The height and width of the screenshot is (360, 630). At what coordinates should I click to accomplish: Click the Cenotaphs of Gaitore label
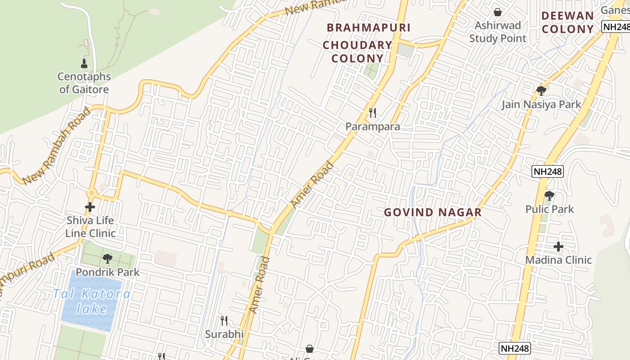tap(84, 83)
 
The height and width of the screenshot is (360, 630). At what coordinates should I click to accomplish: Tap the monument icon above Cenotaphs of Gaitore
tap(84, 63)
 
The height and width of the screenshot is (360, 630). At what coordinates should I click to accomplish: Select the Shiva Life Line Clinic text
tap(90, 227)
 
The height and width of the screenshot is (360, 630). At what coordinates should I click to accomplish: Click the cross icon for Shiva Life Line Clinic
tap(90, 207)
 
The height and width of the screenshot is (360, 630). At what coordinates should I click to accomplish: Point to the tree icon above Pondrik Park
tap(107, 259)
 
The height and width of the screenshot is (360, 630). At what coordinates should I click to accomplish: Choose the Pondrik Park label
tap(108, 272)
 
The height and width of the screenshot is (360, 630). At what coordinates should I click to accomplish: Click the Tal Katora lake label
tap(92, 301)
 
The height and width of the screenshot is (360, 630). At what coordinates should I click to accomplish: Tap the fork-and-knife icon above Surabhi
tap(224, 321)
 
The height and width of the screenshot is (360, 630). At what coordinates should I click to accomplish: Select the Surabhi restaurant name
tap(224, 334)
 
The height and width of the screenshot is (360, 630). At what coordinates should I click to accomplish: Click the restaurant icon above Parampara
tap(373, 113)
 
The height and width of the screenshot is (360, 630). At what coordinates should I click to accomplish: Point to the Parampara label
tap(373, 126)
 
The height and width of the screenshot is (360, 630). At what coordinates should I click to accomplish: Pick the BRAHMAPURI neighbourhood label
tap(369, 27)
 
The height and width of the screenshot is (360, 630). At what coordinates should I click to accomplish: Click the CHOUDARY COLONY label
tap(358, 52)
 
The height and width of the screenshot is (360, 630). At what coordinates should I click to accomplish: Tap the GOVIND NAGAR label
tap(432, 212)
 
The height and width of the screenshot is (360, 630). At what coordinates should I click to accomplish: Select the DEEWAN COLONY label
tap(567, 22)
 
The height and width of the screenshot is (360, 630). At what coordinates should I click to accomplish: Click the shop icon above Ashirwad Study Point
tap(498, 12)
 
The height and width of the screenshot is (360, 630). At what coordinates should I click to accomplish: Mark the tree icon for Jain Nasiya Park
tap(541, 91)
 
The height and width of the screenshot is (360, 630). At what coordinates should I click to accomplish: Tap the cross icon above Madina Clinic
tap(558, 247)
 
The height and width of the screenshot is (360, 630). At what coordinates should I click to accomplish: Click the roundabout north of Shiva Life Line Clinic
tap(91, 193)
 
